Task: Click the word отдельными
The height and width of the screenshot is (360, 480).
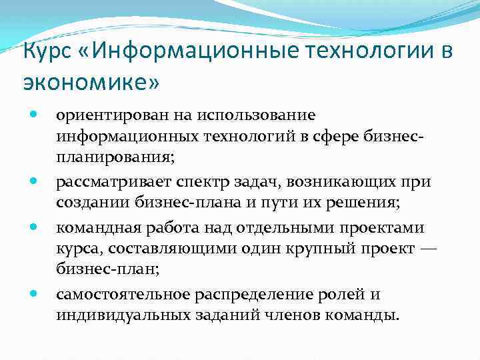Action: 296,229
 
